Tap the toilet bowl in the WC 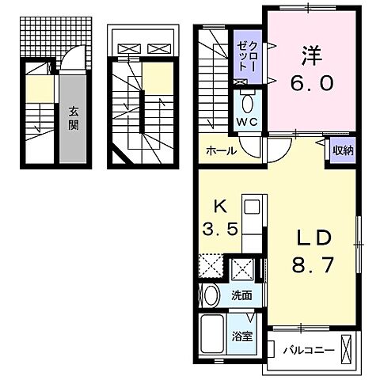[x=247, y=103]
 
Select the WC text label [x=247, y=123]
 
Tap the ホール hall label [x=220, y=150]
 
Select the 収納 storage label [x=343, y=150]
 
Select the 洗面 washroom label [x=241, y=295]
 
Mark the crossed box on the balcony [x=351, y=349]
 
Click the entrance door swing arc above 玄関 [x=67, y=60]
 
